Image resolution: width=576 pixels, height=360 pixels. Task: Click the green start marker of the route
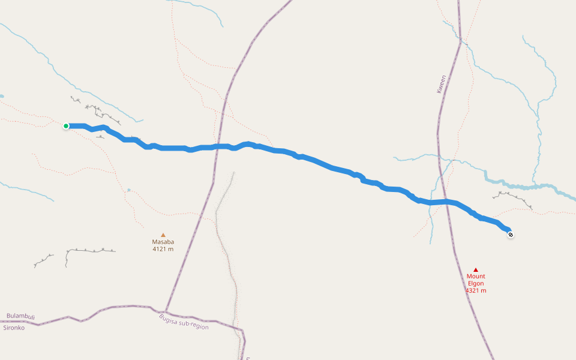(x=66, y=126)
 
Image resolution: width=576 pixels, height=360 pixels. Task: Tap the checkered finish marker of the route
(x=510, y=235)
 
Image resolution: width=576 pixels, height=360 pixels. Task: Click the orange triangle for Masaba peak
(x=163, y=235)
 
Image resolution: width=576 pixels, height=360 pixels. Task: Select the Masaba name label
(x=163, y=242)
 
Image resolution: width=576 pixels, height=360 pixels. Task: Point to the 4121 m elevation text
(x=163, y=249)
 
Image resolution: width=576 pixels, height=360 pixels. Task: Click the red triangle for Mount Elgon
(x=476, y=269)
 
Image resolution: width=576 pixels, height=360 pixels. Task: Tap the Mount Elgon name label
(x=475, y=280)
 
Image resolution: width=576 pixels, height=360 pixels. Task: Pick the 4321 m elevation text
(x=476, y=290)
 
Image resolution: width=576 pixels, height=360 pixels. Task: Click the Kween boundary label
(x=442, y=84)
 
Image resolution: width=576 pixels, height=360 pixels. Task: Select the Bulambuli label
(x=21, y=316)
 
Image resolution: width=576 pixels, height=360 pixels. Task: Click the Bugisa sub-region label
(x=184, y=322)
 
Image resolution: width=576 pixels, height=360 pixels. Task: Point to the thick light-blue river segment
(x=528, y=187)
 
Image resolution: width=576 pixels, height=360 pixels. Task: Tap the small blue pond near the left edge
(x=2, y=96)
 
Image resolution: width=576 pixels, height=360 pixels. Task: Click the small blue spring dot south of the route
(x=128, y=190)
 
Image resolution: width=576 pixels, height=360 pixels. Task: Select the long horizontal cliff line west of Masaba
(x=90, y=250)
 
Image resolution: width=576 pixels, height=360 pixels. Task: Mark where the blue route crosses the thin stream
(x=431, y=202)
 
